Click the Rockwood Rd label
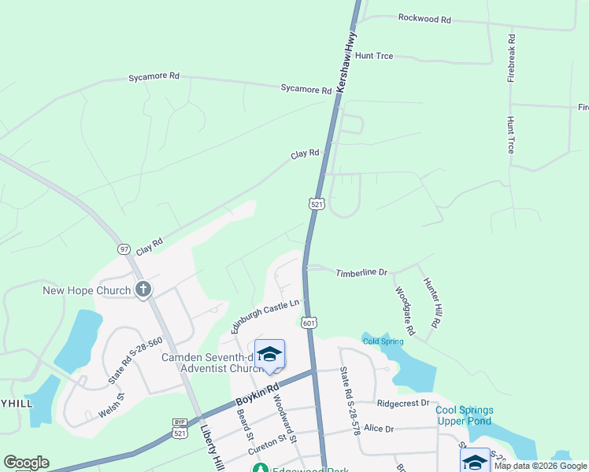point(424,17)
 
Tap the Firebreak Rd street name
point(512,58)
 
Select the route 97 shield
point(124,249)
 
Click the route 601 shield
point(309,323)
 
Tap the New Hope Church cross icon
point(143,290)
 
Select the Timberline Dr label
point(361,273)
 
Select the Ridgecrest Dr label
point(402,403)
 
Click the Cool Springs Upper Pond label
point(465,415)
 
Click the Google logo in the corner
point(26,463)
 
